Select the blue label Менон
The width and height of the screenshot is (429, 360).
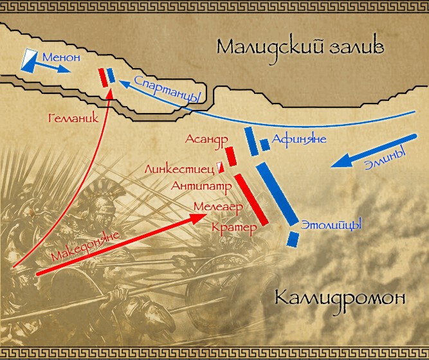coord(61,58)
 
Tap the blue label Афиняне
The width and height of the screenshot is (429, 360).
coord(299,139)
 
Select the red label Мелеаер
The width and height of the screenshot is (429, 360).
coord(217,208)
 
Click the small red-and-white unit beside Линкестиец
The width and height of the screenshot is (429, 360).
coord(219,168)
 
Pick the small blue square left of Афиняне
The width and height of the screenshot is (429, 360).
coord(264,143)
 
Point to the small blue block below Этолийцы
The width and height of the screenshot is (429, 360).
coord(293,239)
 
